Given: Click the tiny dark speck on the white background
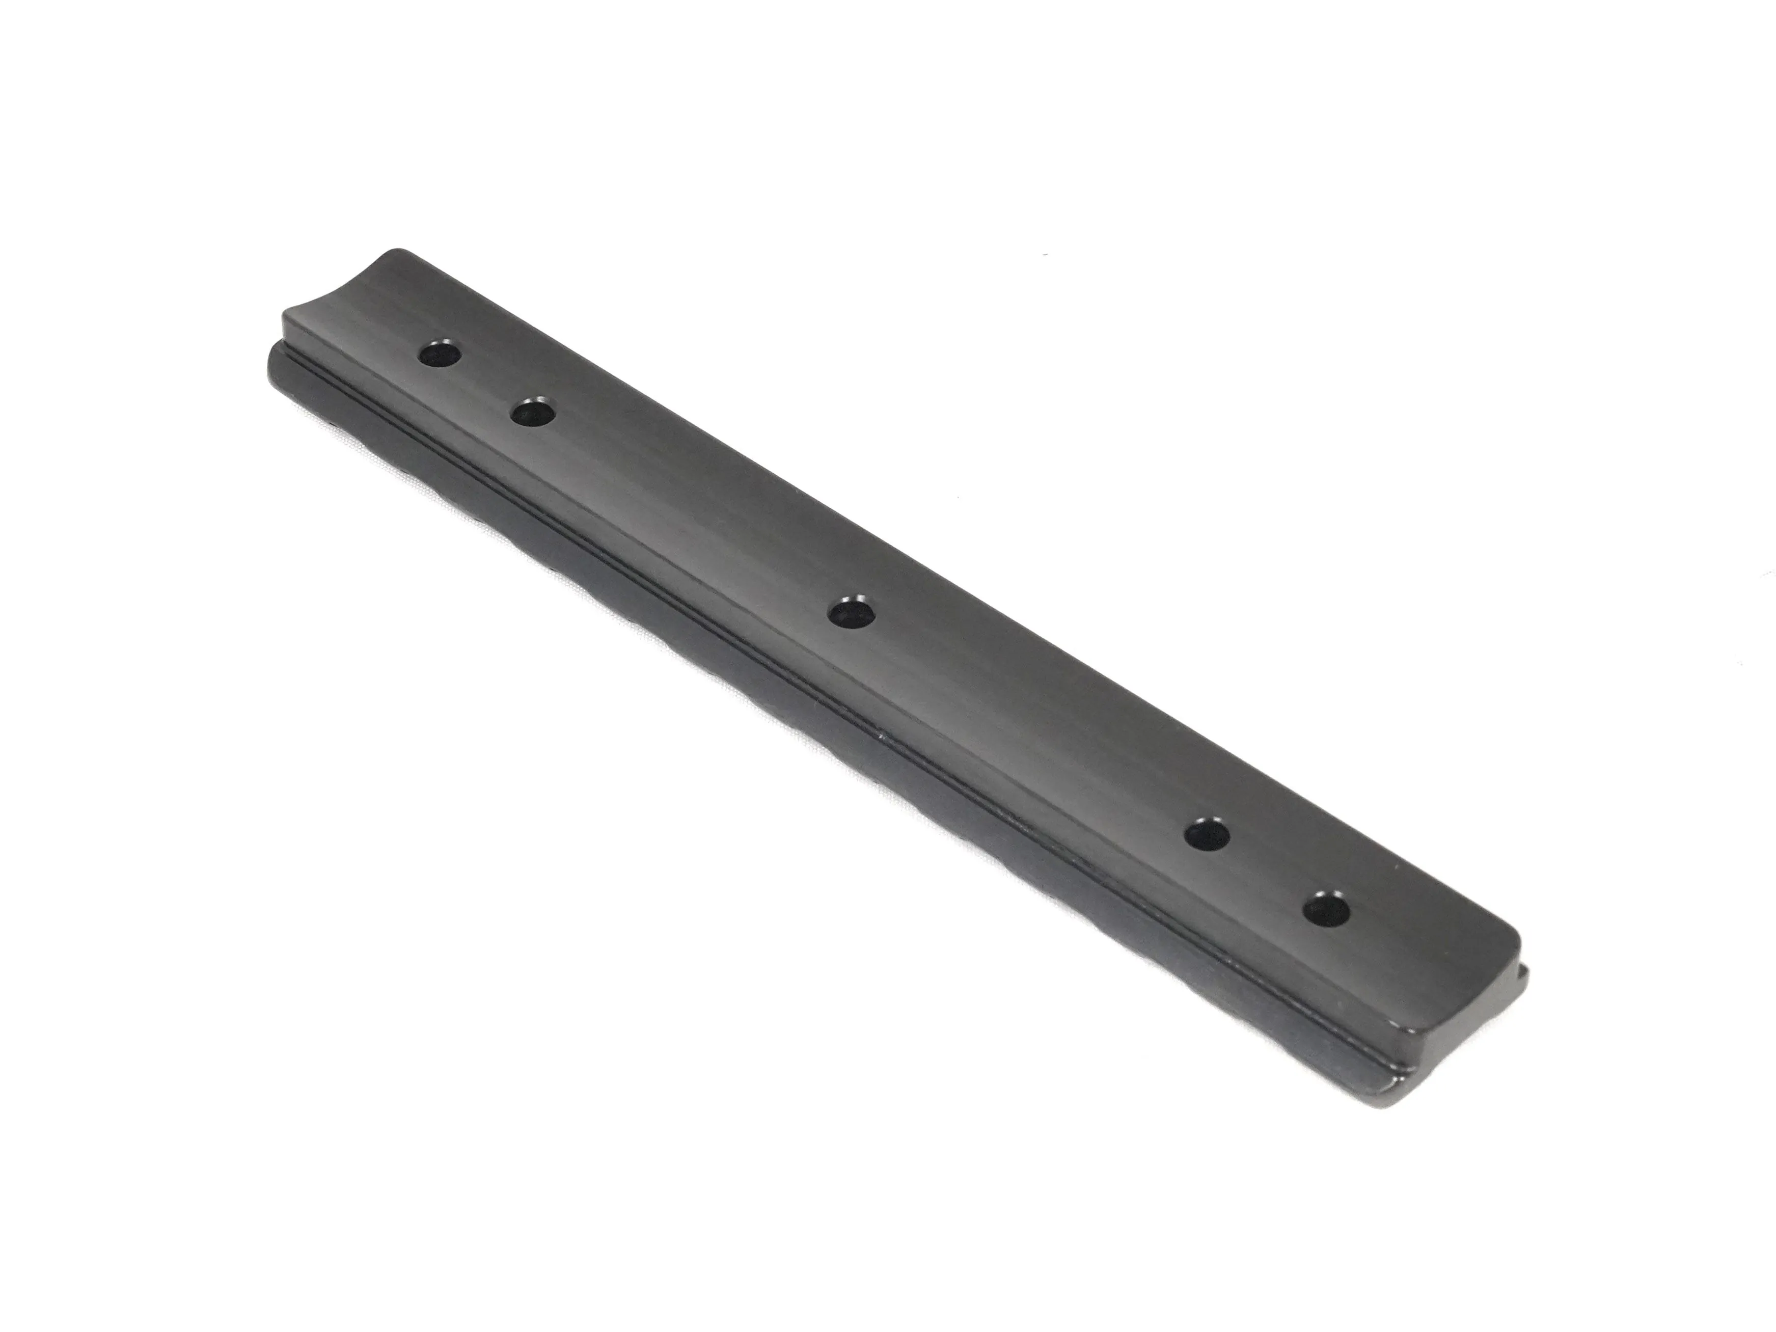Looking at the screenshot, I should click(1045, 255).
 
